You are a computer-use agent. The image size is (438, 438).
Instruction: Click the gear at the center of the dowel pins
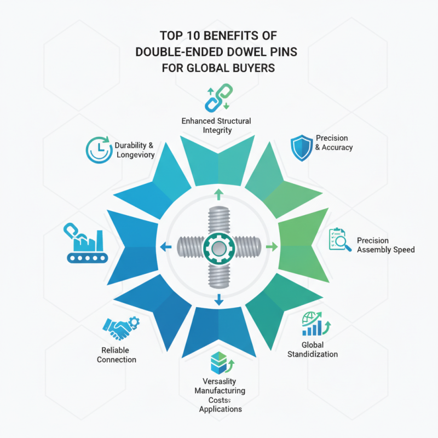pyautogui.click(x=218, y=249)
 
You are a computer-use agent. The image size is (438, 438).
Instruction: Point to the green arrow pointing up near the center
pyautogui.click(x=218, y=193)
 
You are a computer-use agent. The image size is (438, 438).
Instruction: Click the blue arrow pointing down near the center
pyautogui.click(x=219, y=300)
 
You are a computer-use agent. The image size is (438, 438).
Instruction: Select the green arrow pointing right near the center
pyautogui.click(x=272, y=248)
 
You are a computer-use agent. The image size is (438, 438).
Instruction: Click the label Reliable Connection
pyautogui.click(x=116, y=354)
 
